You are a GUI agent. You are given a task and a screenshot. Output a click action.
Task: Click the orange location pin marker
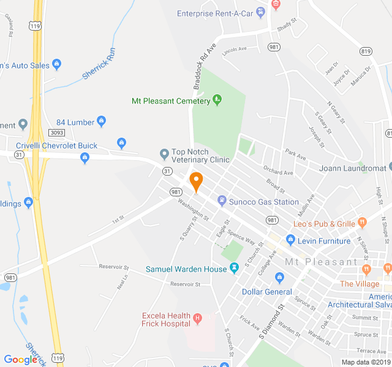tap(196, 182)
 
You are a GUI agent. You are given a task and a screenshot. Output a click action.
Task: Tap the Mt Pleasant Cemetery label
tap(171, 101)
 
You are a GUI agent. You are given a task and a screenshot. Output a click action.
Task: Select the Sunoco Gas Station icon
tap(221, 201)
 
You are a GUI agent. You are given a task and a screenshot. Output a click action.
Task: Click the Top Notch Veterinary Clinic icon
tap(164, 153)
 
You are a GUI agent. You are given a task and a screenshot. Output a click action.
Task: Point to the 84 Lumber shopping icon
tap(102, 121)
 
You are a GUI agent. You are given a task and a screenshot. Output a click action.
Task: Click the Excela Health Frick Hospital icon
tap(197, 318)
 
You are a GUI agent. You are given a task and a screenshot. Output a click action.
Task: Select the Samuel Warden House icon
tap(234, 269)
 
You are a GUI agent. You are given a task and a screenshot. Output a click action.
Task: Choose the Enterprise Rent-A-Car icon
tap(262, 12)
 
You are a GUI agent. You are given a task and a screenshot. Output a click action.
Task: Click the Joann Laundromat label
tap(352, 168)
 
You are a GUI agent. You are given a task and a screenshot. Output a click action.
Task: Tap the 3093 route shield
tap(57, 133)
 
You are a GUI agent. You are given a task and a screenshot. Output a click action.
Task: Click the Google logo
tap(20, 360)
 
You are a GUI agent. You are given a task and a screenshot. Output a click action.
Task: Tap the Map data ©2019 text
tap(365, 362)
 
